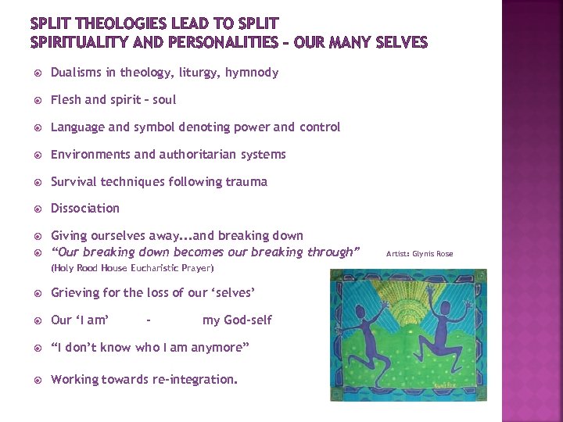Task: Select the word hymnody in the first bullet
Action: coord(252,73)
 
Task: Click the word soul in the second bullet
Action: coord(163,100)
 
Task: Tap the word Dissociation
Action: coord(85,209)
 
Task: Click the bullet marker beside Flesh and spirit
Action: coord(37,100)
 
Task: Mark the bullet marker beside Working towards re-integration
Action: coord(37,380)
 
